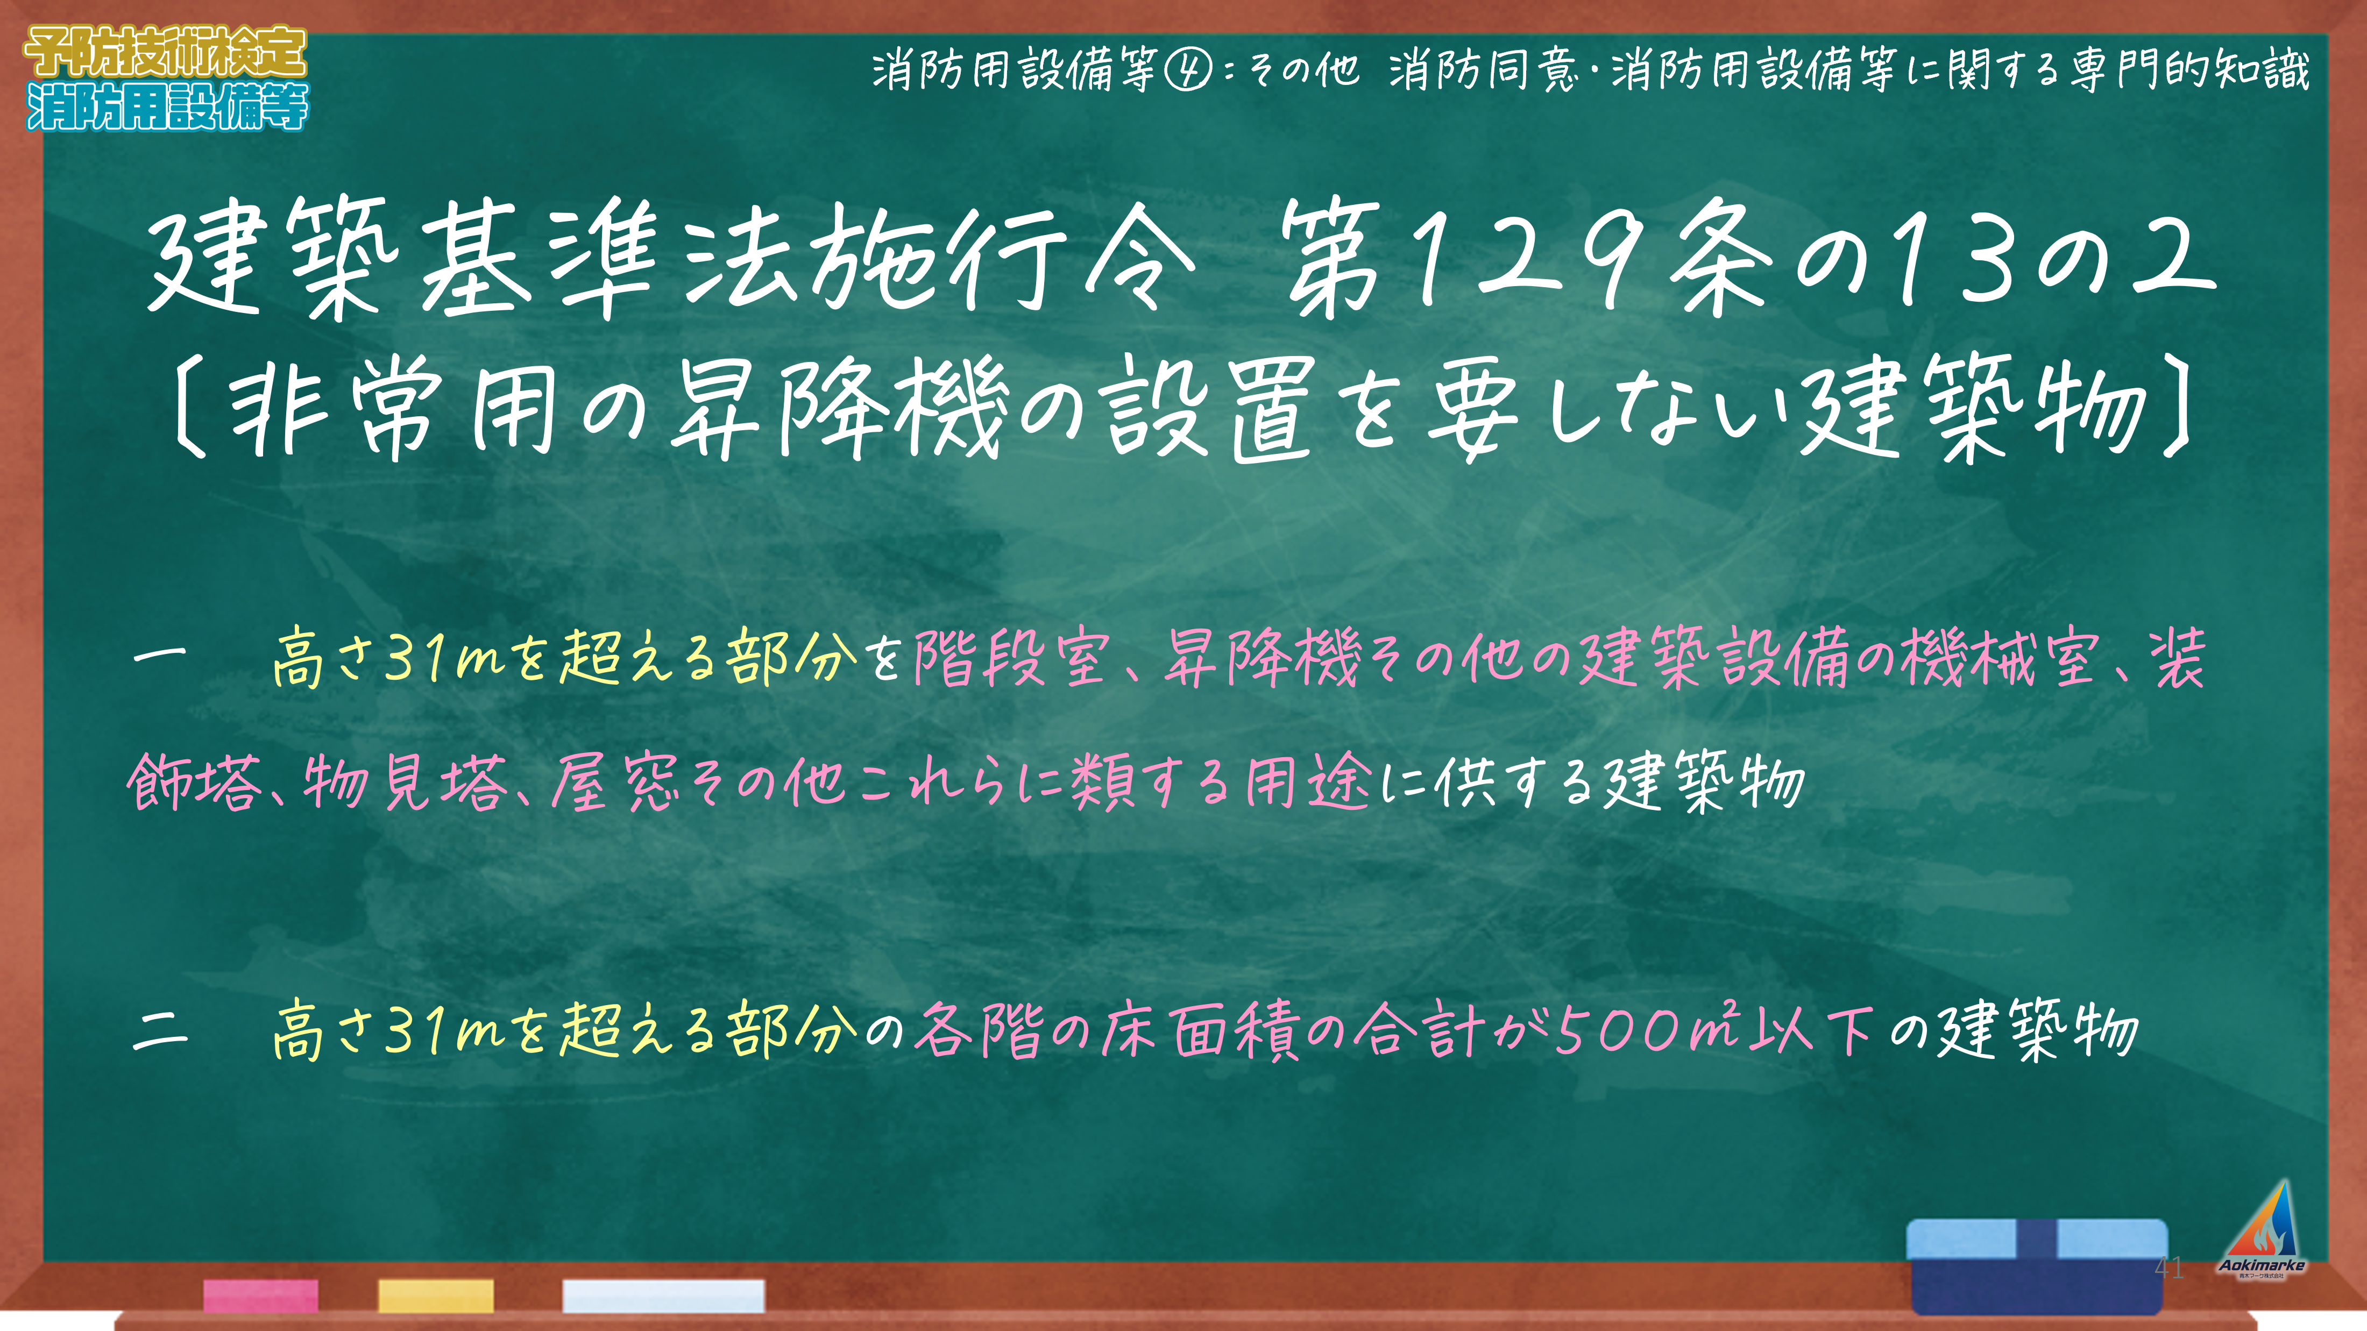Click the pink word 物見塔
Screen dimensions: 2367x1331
[x=405, y=782]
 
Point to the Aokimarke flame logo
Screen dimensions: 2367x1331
[x=2262, y=1228]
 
